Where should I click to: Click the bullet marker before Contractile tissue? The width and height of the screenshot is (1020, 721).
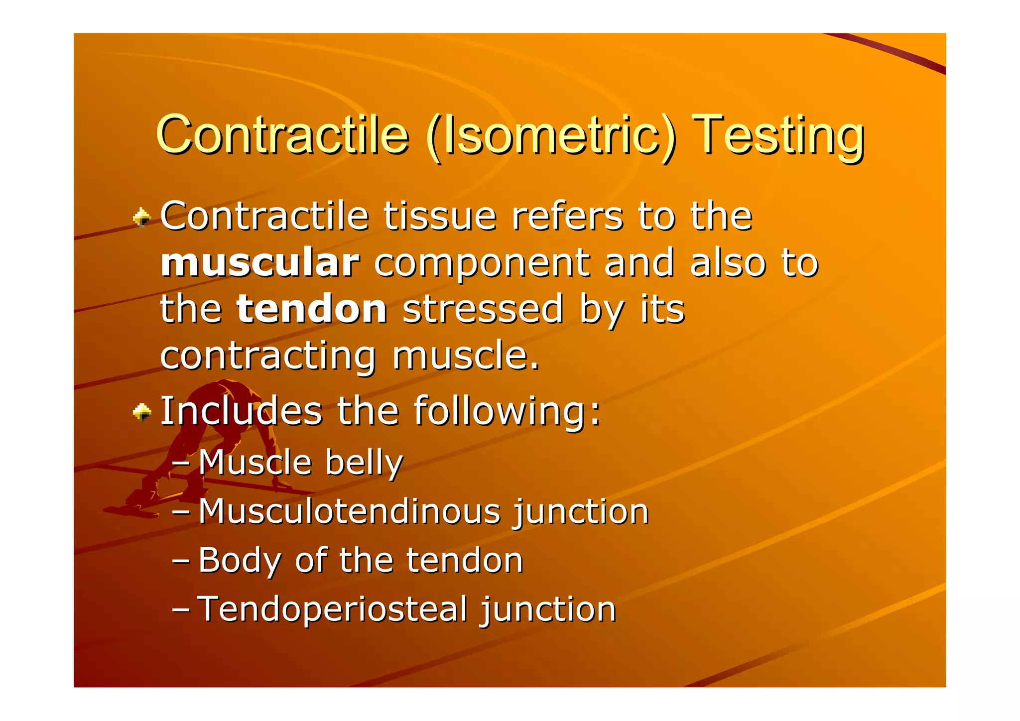click(142, 218)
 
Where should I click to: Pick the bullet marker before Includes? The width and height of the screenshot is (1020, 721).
click(142, 412)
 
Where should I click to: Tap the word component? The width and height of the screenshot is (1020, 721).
click(481, 264)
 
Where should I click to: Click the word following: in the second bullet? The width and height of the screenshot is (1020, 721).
click(507, 411)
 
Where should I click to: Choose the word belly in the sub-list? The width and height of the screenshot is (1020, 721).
click(364, 463)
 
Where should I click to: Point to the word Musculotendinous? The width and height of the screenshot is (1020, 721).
click(349, 511)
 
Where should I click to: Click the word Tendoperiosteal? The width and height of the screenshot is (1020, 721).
click(332, 609)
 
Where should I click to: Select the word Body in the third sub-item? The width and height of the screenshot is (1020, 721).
click(240, 561)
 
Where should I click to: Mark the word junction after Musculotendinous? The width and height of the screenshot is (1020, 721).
click(581, 512)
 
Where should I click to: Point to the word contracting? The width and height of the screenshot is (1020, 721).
click(268, 356)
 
